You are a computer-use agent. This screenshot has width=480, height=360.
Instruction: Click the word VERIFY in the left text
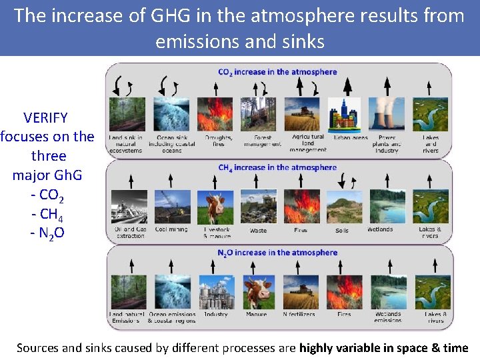[x=45, y=118]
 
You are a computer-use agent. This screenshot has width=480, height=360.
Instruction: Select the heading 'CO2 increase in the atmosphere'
[x=277, y=72]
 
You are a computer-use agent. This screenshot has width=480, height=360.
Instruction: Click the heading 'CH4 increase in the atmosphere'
[x=277, y=167]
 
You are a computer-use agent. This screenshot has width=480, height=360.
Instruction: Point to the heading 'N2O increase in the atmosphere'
[x=277, y=253]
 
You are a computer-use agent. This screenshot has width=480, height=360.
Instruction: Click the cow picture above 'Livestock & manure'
[x=215, y=207]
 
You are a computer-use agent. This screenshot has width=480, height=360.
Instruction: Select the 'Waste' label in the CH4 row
[x=258, y=231]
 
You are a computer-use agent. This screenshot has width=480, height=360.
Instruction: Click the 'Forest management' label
[x=258, y=141]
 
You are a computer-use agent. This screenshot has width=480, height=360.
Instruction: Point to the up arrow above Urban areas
[x=348, y=85]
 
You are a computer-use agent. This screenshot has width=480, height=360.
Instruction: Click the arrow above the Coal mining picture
[x=171, y=179]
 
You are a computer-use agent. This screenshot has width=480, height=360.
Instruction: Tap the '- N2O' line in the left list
[x=47, y=233]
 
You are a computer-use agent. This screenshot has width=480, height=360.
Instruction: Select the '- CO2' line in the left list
[x=47, y=195]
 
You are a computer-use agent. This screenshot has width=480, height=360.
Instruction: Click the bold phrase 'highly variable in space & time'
[x=383, y=347]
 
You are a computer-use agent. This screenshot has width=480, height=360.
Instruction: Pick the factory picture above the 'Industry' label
[x=215, y=292]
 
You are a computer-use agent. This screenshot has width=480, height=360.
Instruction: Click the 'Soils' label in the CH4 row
[x=342, y=231]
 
